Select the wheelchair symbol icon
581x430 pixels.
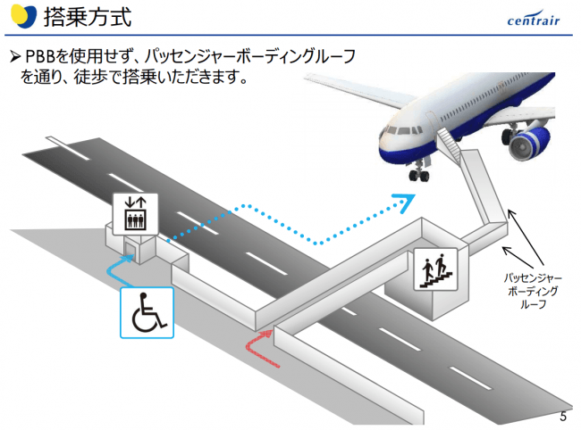(147, 312)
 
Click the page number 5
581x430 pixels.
(563, 417)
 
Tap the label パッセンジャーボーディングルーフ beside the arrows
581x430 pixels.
(534, 291)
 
